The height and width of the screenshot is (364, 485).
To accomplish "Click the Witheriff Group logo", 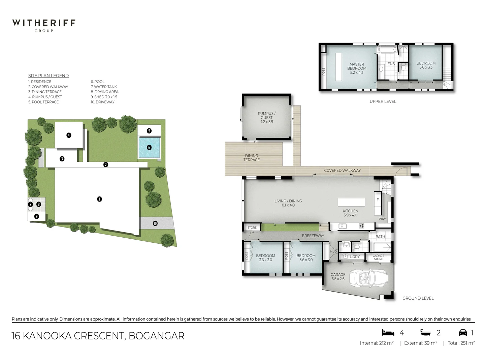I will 44,25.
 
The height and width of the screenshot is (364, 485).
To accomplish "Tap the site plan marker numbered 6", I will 149,147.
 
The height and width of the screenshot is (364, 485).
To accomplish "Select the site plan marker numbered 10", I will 155,223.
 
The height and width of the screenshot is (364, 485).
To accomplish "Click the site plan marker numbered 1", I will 99,199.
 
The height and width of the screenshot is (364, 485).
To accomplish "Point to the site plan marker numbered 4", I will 69,135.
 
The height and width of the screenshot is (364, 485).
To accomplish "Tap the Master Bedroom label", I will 357,68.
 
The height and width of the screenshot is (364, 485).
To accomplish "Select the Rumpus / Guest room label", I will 266,117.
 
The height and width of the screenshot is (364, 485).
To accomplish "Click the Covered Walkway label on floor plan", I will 342,170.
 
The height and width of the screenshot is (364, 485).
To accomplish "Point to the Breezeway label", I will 313,236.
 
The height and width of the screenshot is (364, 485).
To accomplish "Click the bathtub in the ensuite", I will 387,50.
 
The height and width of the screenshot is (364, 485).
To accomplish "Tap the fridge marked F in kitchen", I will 378,200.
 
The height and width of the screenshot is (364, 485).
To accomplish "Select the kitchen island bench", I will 351,202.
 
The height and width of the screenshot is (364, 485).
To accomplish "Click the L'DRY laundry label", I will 354,256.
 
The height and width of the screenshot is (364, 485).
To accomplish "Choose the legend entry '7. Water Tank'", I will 104,87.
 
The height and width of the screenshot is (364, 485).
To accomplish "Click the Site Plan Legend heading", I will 48,75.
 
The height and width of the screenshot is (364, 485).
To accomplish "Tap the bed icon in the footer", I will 388,333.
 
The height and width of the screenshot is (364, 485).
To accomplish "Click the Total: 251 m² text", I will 461,343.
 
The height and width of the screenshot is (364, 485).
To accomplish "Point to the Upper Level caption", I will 383,101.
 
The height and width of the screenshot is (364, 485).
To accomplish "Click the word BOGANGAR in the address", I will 156,336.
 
